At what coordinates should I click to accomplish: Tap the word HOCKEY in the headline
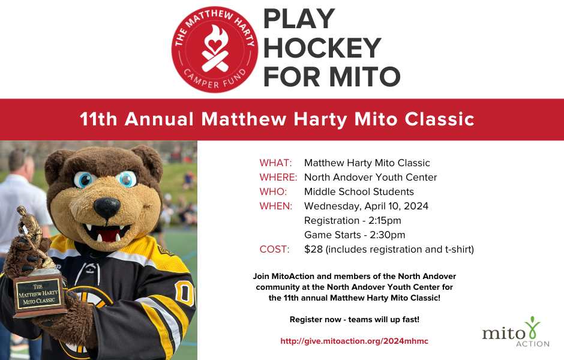pyautogui.click(x=322, y=48)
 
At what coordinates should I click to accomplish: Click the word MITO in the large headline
pyautogui.click(x=365, y=77)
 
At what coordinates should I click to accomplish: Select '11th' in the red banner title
pyautogui.click(x=100, y=119)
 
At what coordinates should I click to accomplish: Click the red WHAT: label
pyautogui.click(x=275, y=163)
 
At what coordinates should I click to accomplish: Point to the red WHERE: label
pyautogui.click(x=278, y=178)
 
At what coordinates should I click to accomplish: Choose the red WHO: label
pyautogui.click(x=273, y=192)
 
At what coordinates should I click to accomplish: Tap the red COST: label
pyautogui.click(x=275, y=250)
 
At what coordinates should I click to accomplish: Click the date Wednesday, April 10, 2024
pyautogui.click(x=366, y=206)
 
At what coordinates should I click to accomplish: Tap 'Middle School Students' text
pyautogui.click(x=359, y=192)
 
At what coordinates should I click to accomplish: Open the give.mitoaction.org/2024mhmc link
pyautogui.click(x=354, y=341)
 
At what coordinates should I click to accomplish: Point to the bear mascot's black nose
pyautogui.click(x=106, y=208)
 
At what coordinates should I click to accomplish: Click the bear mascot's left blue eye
pyautogui.click(x=84, y=179)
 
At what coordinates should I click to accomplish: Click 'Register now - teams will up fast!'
pyautogui.click(x=354, y=319)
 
